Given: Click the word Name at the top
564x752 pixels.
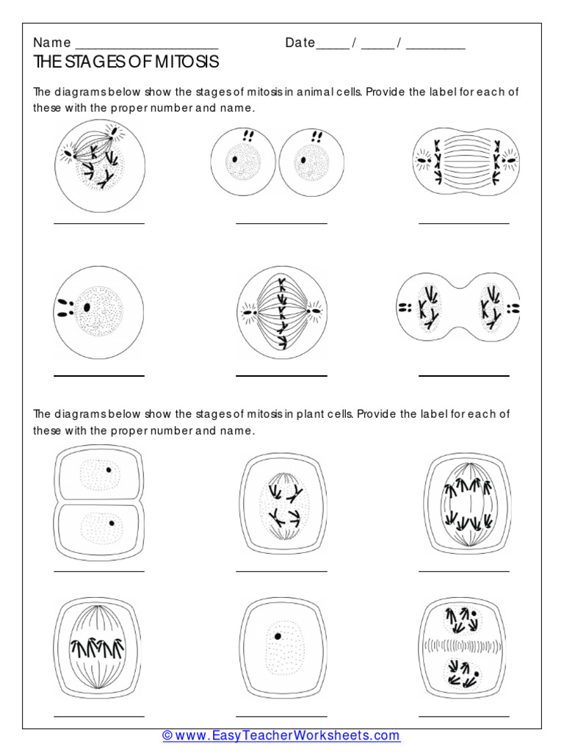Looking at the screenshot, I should click(52, 43).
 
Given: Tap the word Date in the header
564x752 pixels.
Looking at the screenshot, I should click(300, 43).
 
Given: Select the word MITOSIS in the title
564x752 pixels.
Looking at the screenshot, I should click(187, 62).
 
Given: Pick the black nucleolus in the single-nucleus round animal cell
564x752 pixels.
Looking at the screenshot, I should click(87, 307).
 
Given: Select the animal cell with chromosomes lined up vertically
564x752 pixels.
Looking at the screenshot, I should click(281, 313).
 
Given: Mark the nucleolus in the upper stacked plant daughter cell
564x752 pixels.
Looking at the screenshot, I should click(109, 469).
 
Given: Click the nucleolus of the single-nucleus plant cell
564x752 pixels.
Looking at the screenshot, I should click(278, 636).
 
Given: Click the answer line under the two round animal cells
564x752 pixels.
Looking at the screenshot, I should click(281, 223).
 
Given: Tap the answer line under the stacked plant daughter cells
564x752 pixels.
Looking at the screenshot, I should click(98, 570).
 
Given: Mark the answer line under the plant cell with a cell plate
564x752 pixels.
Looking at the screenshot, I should click(463, 715).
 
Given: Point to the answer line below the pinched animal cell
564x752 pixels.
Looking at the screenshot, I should click(463, 376).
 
